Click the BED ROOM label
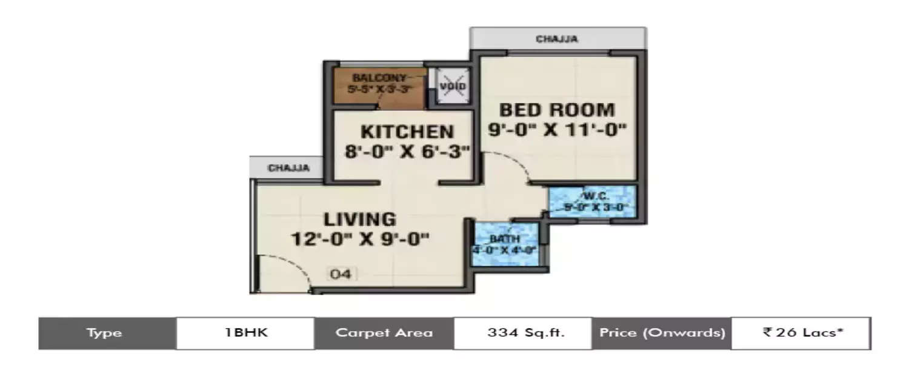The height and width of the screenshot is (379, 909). tap(557, 110)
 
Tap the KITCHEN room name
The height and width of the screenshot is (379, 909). tap(407, 132)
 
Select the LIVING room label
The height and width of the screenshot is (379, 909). tap(359, 219)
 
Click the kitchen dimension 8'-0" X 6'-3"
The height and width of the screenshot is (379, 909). tap(407, 152)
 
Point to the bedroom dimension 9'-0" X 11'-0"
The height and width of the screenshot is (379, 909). tap(557, 129)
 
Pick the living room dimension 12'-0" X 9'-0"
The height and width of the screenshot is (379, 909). tap(359, 238)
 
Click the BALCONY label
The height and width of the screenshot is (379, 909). tap(380, 78)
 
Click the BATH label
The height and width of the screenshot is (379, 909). tap(505, 238)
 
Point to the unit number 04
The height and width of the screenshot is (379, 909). tap(341, 274)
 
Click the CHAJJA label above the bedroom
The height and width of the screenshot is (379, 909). tap(557, 39)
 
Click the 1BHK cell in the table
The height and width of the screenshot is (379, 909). tap(245, 333)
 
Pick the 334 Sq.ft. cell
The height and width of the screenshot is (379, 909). tap(522, 333)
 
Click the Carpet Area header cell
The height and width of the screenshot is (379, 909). tap(384, 333)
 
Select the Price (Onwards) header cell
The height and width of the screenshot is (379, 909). tap(661, 333)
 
